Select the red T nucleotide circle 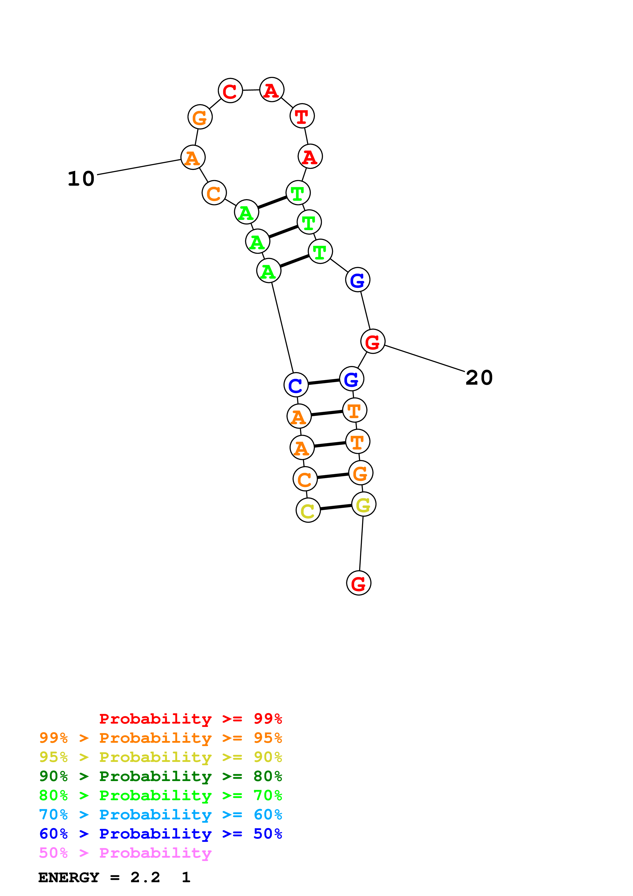[x=302, y=116]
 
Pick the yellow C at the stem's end [x=308, y=510]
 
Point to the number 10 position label [x=81, y=179]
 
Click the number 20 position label [x=479, y=378]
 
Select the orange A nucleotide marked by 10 [x=193, y=158]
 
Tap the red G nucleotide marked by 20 [x=373, y=341]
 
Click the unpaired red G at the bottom [x=359, y=583]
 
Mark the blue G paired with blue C [x=351, y=379]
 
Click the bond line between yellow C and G [x=336, y=507]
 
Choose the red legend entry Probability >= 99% [x=190, y=719]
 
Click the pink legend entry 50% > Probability [x=125, y=853]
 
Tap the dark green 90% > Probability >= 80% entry [x=160, y=776]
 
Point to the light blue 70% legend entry [x=160, y=815]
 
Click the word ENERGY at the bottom [x=69, y=878]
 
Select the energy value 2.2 [x=145, y=878]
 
